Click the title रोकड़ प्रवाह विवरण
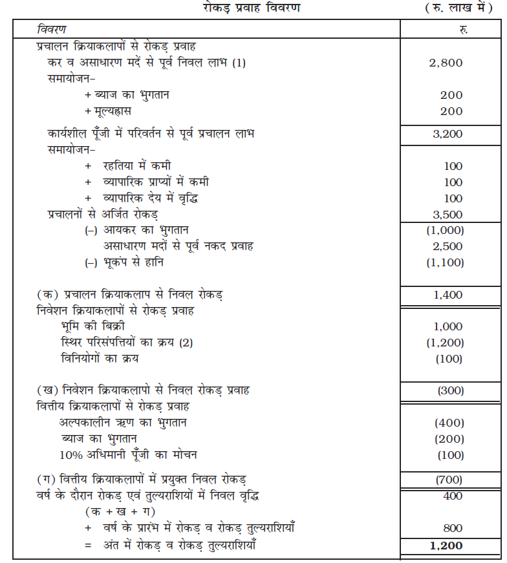coord(253,9)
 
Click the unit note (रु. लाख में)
coord(454,9)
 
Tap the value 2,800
coord(446,63)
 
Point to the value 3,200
coord(446,134)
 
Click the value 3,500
coord(446,214)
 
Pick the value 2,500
coord(446,246)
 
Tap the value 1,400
coord(446,295)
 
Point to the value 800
coord(452,527)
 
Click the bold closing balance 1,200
coord(446,546)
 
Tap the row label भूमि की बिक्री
coord(89,327)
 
